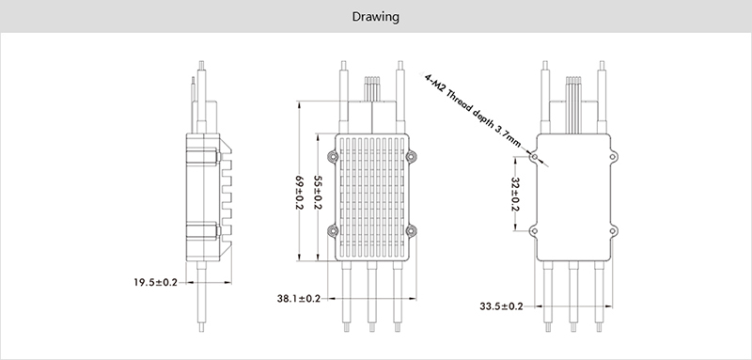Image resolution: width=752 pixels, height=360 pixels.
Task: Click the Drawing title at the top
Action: (x=375, y=17)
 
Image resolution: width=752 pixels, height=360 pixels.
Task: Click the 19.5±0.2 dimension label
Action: (x=155, y=282)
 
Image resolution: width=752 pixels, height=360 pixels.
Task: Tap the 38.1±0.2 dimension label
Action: (x=298, y=299)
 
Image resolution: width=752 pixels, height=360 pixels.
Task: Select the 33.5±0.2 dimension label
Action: (x=501, y=306)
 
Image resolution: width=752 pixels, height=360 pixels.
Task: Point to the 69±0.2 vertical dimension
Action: (x=299, y=193)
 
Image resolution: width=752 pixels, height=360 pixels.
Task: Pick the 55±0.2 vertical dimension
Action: (x=318, y=193)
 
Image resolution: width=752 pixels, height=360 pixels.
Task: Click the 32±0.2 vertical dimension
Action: (x=515, y=194)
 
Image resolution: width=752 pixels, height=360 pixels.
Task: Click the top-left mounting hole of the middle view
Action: (x=332, y=156)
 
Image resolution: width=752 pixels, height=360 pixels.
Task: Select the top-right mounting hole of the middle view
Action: (x=411, y=156)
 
